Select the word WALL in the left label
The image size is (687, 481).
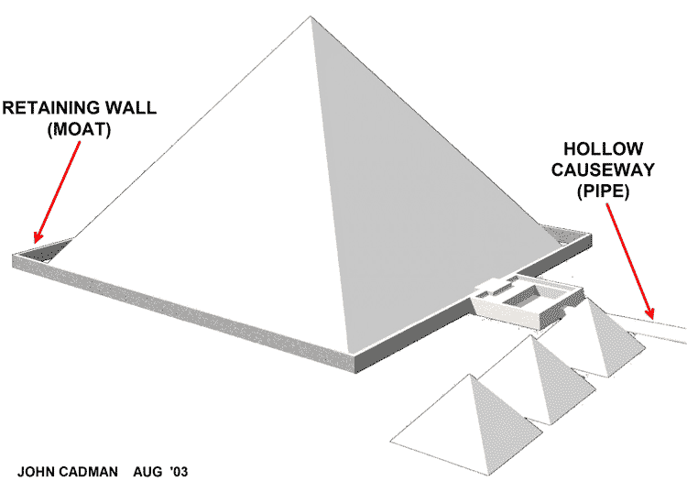[134, 107]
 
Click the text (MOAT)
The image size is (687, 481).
[78, 130]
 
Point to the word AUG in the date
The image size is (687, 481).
[147, 472]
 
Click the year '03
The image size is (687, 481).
[178, 472]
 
